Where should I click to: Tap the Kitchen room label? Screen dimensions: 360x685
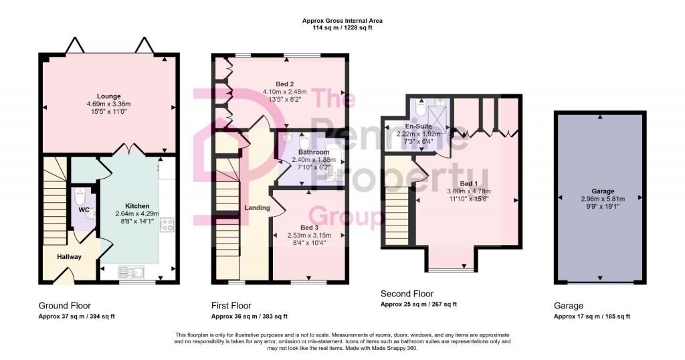point(137,206)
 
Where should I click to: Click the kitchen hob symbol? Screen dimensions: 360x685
point(167,226)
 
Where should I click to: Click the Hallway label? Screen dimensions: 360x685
point(69,257)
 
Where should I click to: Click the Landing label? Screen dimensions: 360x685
point(257,207)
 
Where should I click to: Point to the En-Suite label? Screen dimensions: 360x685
point(417,126)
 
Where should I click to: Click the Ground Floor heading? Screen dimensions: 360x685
point(64,305)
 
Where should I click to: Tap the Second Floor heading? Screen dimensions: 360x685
point(407,294)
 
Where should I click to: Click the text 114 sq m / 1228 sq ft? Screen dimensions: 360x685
point(342,28)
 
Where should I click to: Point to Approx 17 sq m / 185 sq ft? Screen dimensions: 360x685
point(591,317)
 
